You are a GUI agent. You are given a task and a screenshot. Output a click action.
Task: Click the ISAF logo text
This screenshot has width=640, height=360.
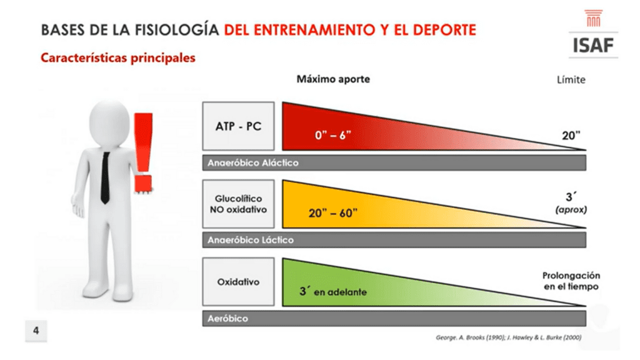click(593, 45)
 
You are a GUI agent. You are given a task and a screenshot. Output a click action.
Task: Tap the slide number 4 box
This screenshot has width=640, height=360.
click(36, 331)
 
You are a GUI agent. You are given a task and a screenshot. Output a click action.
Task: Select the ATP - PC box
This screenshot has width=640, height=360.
click(238, 126)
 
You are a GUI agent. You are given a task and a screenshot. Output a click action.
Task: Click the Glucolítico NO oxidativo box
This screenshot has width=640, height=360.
click(238, 204)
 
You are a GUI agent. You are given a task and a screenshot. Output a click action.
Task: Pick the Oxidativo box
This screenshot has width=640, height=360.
click(238, 282)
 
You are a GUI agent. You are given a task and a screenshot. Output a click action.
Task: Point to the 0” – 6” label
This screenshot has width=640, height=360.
click(332, 135)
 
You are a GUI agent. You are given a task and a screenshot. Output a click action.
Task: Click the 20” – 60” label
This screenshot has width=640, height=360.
click(332, 212)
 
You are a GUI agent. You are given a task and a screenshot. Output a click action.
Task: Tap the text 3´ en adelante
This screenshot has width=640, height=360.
click(332, 291)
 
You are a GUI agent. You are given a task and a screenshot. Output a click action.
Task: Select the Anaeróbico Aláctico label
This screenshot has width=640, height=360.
click(253, 163)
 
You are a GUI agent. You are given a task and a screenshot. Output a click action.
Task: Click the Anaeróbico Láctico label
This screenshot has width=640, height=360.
click(251, 240)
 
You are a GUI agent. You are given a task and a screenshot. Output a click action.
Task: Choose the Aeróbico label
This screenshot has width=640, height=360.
click(227, 318)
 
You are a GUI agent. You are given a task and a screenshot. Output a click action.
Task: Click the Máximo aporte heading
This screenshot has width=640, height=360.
click(333, 79)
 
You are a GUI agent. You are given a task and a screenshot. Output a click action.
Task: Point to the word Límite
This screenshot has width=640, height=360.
click(571, 79)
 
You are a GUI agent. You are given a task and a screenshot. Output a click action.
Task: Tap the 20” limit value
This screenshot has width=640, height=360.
click(571, 135)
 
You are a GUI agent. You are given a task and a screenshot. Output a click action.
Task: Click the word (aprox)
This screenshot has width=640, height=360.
click(571, 210)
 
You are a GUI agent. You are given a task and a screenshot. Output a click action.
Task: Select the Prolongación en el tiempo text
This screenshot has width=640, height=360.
click(571, 281)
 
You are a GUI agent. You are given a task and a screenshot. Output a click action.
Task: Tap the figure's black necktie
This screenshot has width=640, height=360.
click(105, 177)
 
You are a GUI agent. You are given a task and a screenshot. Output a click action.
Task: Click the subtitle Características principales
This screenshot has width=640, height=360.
click(118, 57)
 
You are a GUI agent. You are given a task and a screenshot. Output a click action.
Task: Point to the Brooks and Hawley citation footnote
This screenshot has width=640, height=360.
click(509, 337)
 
